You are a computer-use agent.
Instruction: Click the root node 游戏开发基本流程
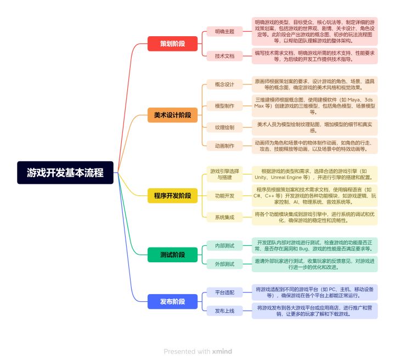(65, 172)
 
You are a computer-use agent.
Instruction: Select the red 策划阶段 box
(173, 43)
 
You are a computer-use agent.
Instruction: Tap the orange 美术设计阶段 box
(173, 115)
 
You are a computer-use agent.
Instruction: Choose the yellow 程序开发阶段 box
(173, 196)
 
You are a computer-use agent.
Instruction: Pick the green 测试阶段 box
(173, 255)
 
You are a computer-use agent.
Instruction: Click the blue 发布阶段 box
(173, 301)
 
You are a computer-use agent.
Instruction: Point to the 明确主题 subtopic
(224, 31)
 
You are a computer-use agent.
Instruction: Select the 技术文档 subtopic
(224, 56)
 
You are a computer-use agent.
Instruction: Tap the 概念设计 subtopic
(224, 85)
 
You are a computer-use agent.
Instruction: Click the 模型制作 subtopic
(224, 106)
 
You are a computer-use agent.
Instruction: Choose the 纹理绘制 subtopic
(224, 127)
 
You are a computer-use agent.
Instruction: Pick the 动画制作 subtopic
(224, 146)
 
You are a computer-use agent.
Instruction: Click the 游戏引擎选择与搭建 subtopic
(224, 174)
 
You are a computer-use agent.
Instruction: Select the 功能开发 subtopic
(224, 196)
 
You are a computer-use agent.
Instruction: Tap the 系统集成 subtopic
(224, 217)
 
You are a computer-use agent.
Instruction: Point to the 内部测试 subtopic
(224, 246)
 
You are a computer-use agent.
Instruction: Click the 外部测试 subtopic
(224, 264)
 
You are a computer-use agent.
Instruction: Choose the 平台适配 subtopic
(224, 292)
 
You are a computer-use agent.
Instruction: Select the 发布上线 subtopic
(224, 311)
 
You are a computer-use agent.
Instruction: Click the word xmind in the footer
(222, 351)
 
